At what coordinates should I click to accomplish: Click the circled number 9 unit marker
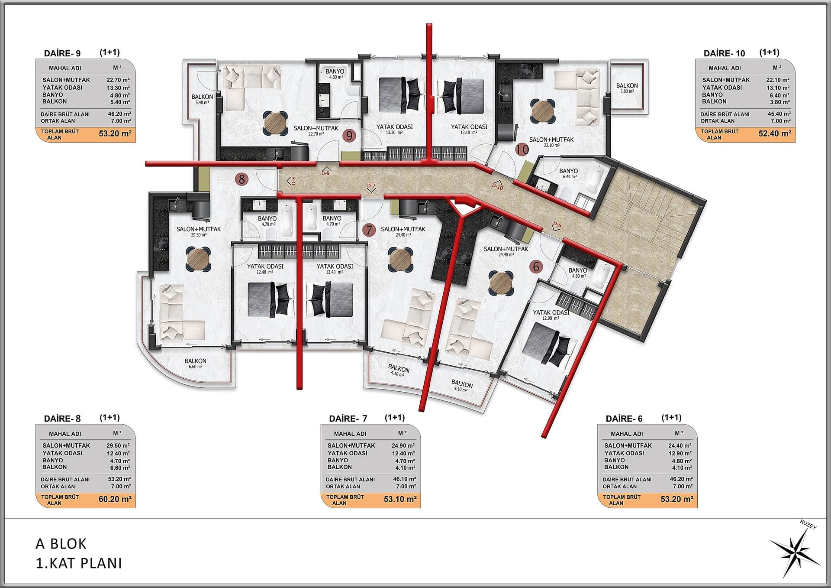[x=349, y=136]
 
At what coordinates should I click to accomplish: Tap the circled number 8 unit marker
[x=242, y=179]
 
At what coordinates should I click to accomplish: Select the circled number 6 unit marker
[x=536, y=266]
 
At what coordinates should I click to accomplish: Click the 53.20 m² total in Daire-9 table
[x=115, y=133]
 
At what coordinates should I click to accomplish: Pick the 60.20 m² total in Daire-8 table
[x=115, y=499]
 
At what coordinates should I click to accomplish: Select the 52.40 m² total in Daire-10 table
[x=775, y=133]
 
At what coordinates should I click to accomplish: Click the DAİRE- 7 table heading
[x=348, y=419]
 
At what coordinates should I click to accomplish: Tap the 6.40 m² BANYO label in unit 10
[x=568, y=173]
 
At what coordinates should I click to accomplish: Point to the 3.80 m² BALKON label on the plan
[x=627, y=88]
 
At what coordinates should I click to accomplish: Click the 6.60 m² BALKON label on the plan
[x=196, y=363]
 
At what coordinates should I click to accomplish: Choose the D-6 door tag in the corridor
[x=557, y=225]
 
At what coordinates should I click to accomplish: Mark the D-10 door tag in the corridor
[x=498, y=187]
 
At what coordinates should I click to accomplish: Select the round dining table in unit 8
[x=199, y=259]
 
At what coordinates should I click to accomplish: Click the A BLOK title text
[x=61, y=544]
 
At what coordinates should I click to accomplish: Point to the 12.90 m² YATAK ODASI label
[x=551, y=315]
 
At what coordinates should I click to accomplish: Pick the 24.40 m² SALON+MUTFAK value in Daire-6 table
[x=680, y=445]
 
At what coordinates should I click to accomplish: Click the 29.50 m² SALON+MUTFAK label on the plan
[x=199, y=231]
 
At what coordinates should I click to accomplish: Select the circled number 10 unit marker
[x=522, y=149]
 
